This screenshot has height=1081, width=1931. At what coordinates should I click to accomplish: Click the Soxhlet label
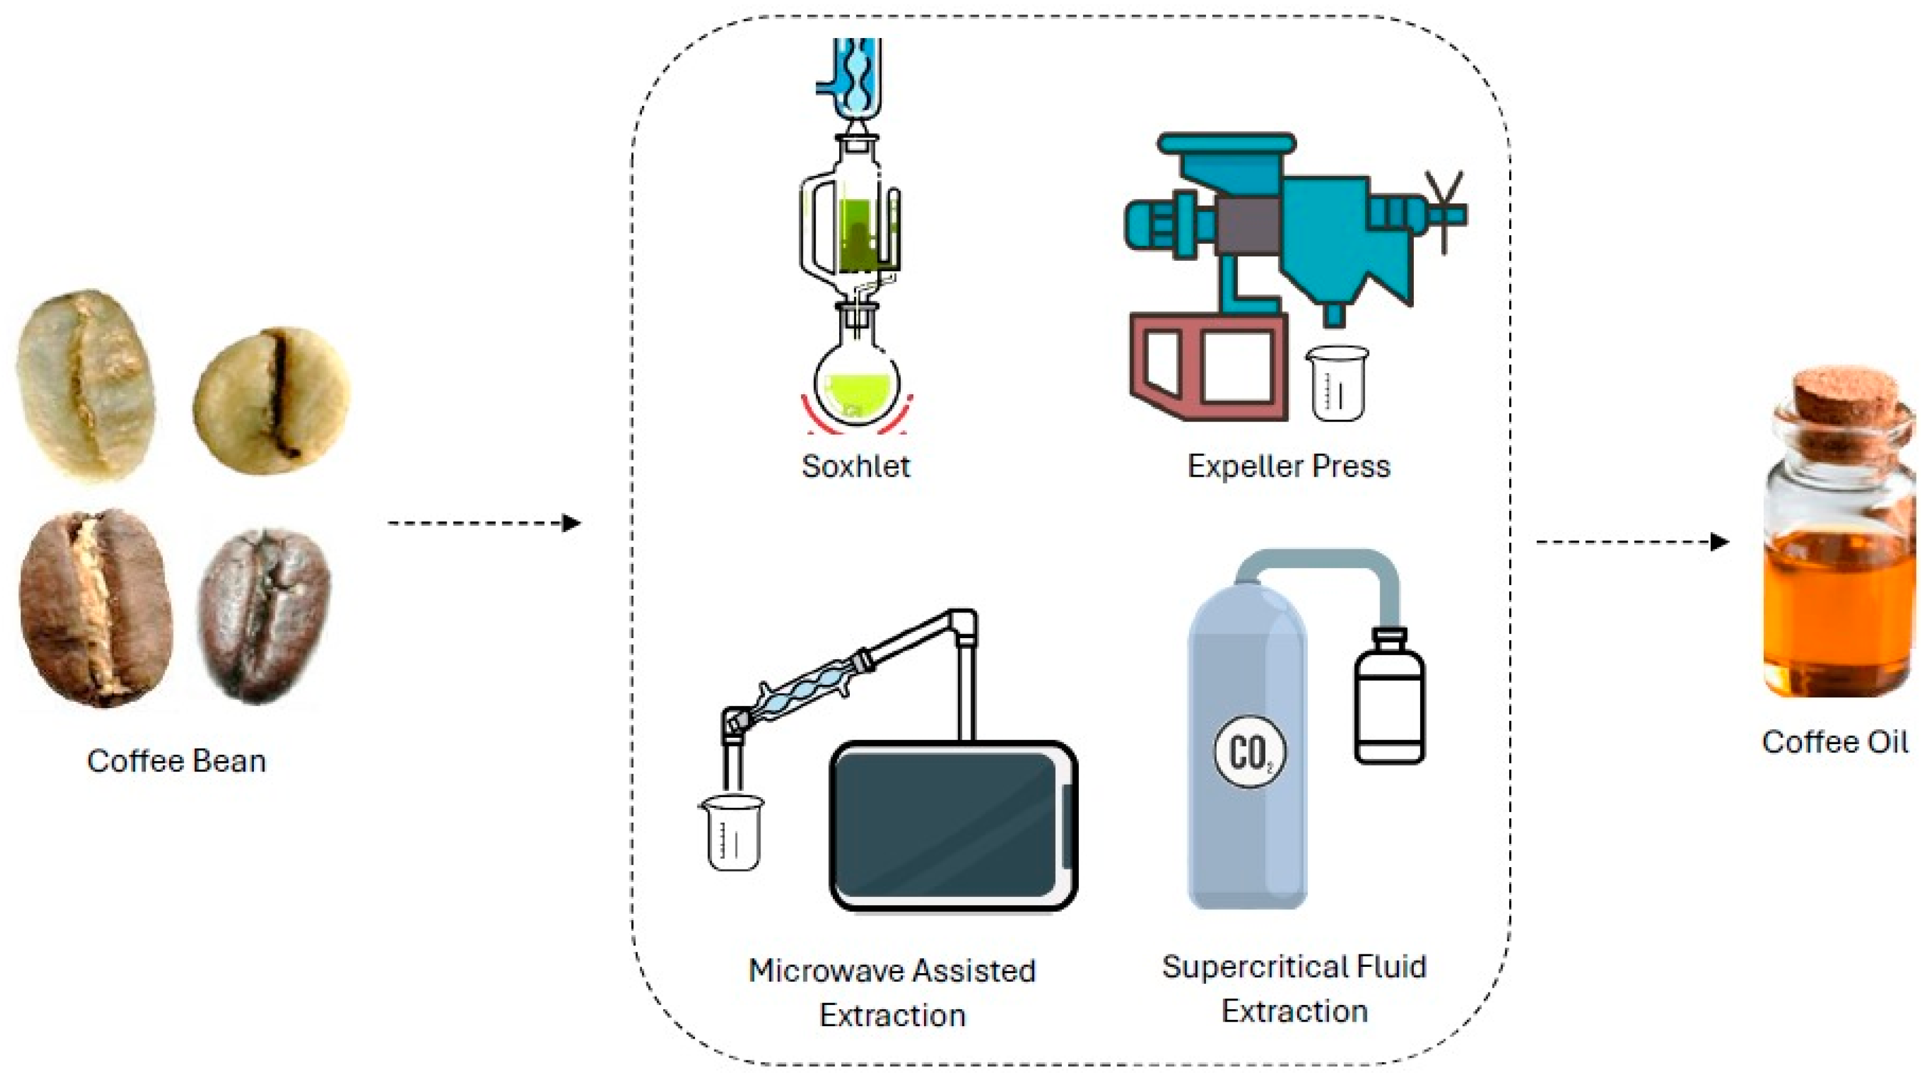click(x=855, y=467)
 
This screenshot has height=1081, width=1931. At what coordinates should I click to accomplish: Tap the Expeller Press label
click(x=1288, y=467)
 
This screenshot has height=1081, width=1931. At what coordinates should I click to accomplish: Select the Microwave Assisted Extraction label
click(x=892, y=992)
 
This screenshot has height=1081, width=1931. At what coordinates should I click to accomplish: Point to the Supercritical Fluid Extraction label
click(x=1294, y=988)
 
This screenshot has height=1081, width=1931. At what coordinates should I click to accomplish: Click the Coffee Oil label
click(x=1834, y=742)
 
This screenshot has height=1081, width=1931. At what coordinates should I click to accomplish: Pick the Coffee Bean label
click(x=176, y=760)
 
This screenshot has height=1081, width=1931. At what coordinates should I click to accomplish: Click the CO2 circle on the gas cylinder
click(x=1249, y=751)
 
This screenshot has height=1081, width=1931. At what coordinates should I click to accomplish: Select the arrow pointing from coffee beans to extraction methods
click(x=484, y=523)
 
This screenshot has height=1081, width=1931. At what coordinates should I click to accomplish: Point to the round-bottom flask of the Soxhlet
click(x=856, y=390)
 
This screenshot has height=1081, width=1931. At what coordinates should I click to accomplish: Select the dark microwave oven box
click(x=953, y=825)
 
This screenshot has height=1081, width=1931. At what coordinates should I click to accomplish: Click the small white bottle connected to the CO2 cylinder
click(x=1389, y=697)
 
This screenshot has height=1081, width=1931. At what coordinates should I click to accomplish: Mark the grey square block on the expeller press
click(x=1248, y=225)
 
